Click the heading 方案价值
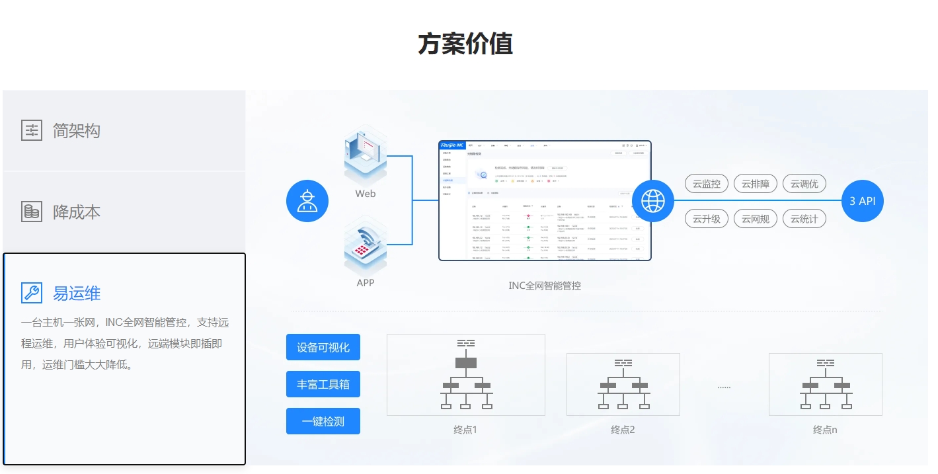[465, 44]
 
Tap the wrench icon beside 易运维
[32, 292]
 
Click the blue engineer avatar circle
[307, 200]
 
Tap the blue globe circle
[653, 200]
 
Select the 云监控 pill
[707, 184]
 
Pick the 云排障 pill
[756, 184]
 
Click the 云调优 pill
[804, 184]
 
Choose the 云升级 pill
[707, 218]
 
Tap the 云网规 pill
[756, 218]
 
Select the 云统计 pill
[804, 218]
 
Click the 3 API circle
[863, 200]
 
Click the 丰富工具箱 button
[323, 384]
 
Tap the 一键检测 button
[323, 421]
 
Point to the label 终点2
[623, 430]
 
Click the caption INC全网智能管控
[545, 286]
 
